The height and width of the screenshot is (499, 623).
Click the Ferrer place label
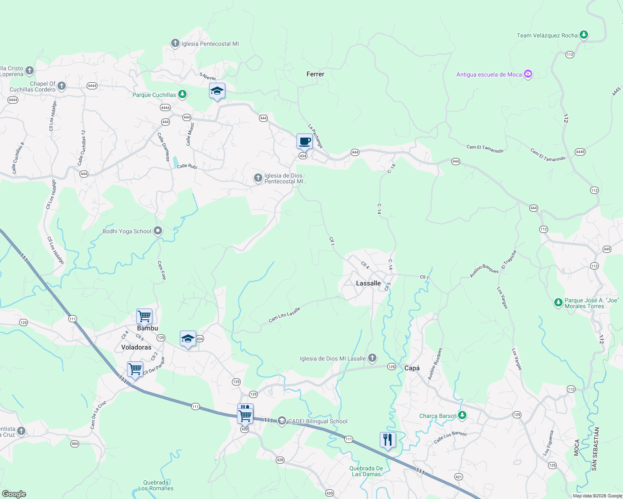[x=315, y=74]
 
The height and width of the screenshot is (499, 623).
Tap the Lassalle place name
[x=368, y=283]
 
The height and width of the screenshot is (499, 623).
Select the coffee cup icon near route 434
[x=304, y=141]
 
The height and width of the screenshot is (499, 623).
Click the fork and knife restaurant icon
[x=388, y=440]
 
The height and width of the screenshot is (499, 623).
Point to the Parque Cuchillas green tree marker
[x=182, y=94]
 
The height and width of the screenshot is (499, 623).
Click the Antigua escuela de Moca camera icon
[x=528, y=74]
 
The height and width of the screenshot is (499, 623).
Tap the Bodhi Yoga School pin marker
[x=158, y=231]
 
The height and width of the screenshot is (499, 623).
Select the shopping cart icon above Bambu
[x=144, y=316]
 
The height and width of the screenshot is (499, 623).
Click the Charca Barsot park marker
[x=462, y=415]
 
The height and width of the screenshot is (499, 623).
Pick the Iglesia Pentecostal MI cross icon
[x=175, y=43]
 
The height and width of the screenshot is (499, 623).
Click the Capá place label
[x=412, y=368]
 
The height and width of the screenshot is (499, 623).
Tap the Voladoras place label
[x=136, y=347]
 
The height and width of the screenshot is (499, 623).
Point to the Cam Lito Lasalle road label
[x=284, y=315]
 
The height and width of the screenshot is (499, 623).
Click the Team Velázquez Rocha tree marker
[x=584, y=35]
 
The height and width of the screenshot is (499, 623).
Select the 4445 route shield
[x=580, y=152]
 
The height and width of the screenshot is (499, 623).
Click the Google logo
[x=14, y=494]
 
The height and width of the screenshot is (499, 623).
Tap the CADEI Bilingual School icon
[x=282, y=421]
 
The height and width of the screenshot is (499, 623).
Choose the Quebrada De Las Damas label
[x=366, y=471]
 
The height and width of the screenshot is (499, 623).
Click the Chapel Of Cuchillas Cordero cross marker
[x=62, y=86]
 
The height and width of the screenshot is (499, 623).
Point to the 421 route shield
[x=459, y=477]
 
